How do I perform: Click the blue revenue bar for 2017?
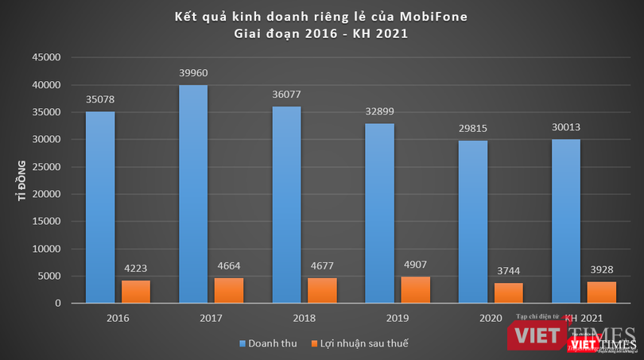click(x=193, y=194)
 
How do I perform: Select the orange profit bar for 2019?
click(x=415, y=290)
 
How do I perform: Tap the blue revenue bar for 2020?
click(x=473, y=222)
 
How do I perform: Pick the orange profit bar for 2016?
click(x=136, y=292)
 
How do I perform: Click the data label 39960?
click(x=193, y=75)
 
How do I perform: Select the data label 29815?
click(x=473, y=130)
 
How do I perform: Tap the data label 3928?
click(x=601, y=271)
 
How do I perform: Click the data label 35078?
click(x=100, y=101)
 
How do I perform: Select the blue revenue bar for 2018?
click(x=286, y=204)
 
